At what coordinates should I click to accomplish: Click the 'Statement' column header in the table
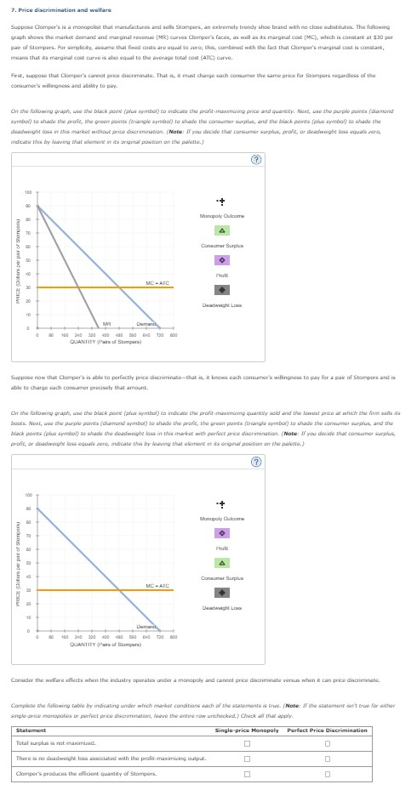tap(31, 730)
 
